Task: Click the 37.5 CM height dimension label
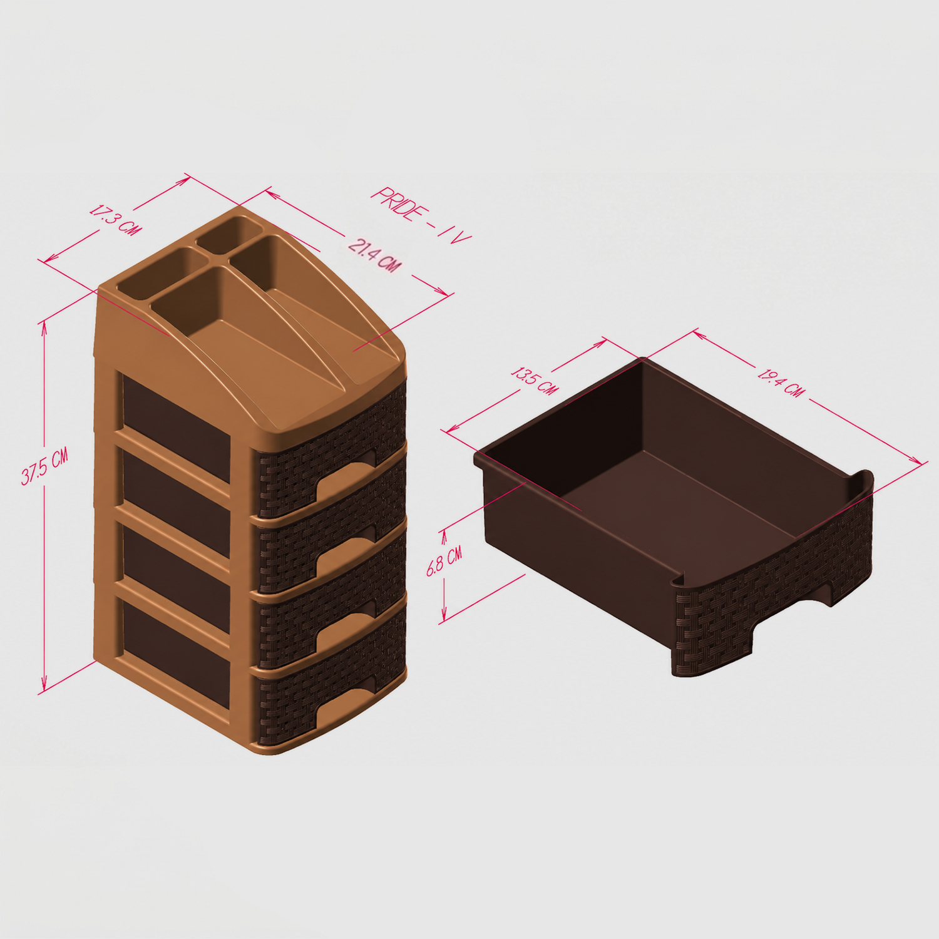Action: (x=44, y=467)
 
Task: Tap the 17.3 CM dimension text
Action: (x=115, y=218)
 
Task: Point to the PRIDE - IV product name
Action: (x=421, y=215)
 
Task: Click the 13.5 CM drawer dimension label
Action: (x=534, y=381)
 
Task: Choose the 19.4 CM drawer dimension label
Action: (x=781, y=383)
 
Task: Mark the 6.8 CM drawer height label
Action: (x=444, y=561)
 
